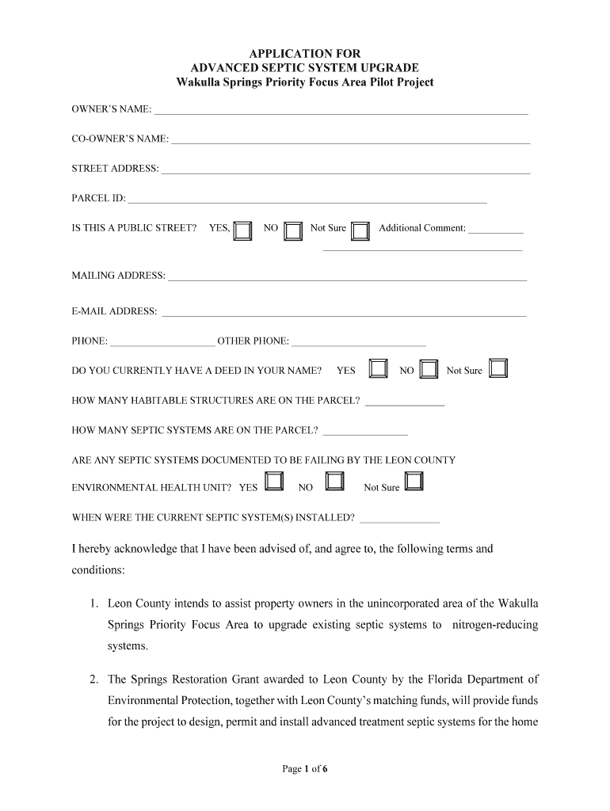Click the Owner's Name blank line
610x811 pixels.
point(341,111)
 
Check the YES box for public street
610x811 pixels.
point(243,230)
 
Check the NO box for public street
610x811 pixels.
point(293,230)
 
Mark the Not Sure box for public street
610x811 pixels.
point(360,230)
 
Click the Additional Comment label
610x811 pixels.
point(422,228)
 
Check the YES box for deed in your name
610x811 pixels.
point(378,369)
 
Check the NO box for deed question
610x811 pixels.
point(429,369)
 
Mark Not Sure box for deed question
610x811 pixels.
point(498,369)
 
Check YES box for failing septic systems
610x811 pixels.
point(273,482)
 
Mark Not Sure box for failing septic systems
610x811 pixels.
point(414,482)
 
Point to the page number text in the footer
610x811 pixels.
point(305,768)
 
